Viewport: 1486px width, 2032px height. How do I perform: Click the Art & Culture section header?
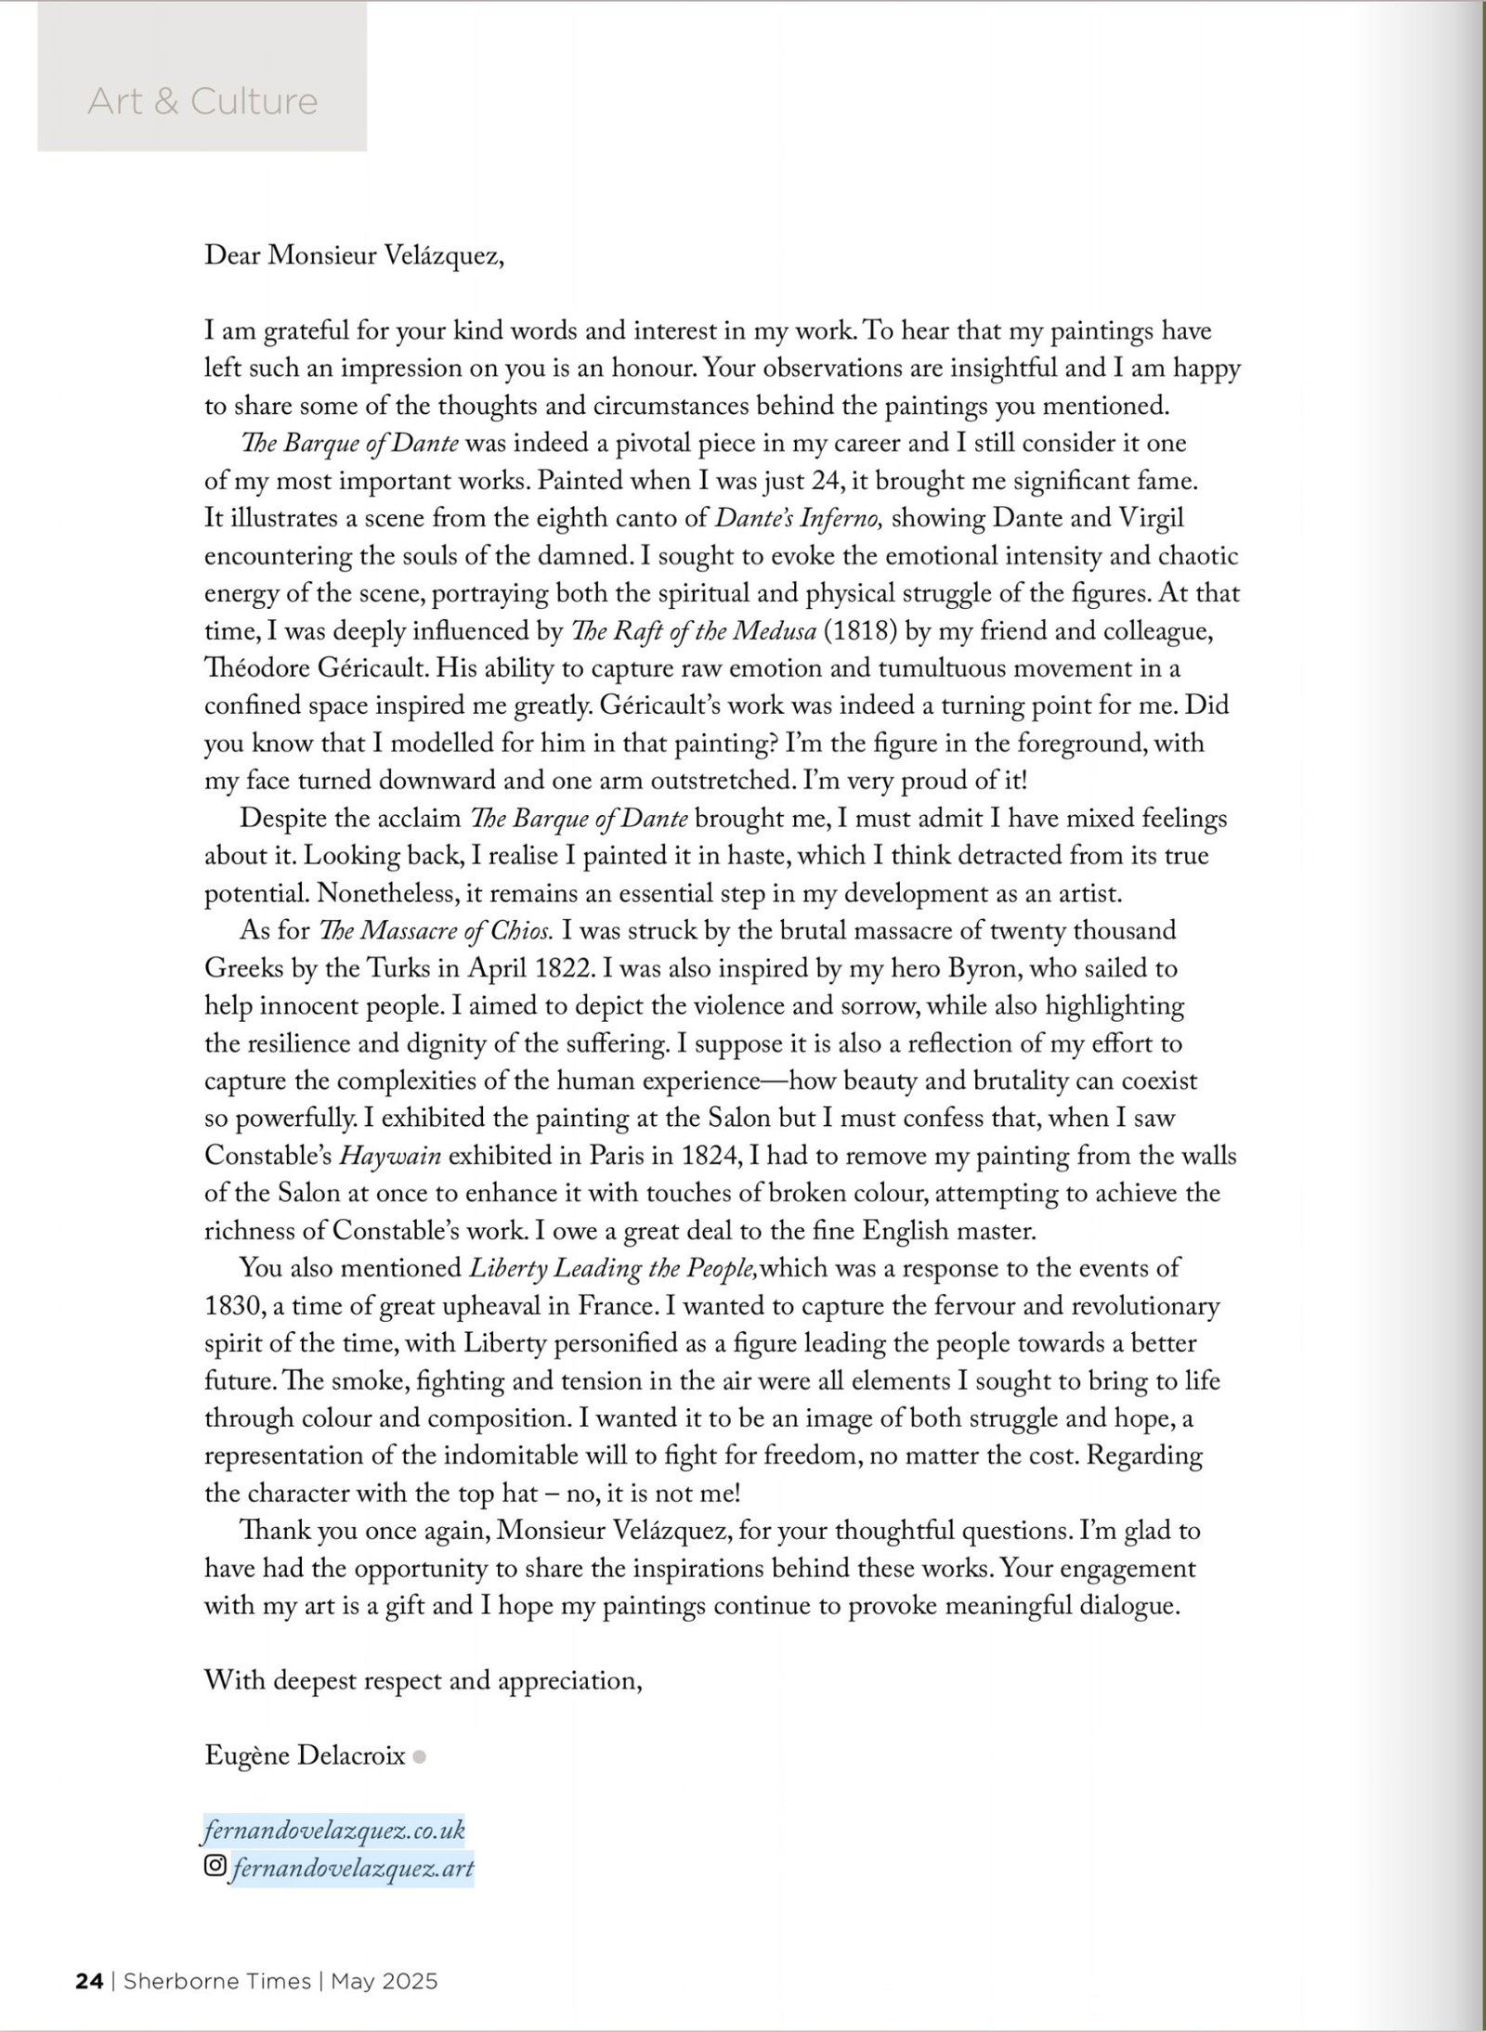202,101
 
